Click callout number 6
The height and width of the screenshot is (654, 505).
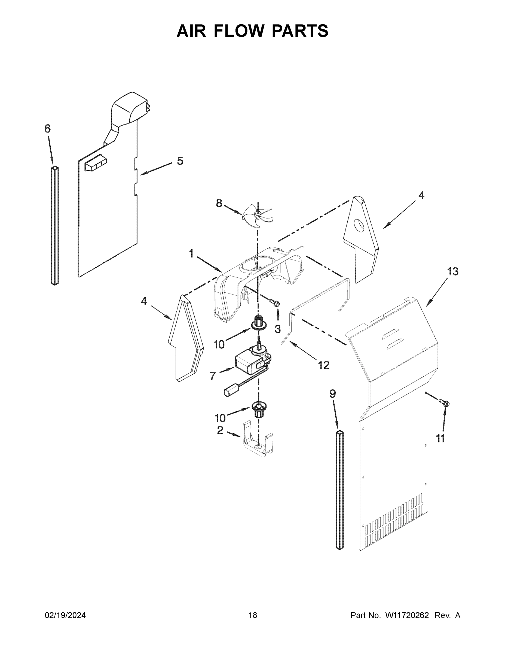pos(48,129)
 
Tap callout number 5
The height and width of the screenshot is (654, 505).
pos(180,161)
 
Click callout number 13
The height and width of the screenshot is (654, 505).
pos(452,272)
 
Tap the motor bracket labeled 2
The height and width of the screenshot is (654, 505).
pos(258,444)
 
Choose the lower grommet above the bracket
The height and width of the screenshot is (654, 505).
pos(259,409)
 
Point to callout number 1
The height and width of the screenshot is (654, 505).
pos(191,254)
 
